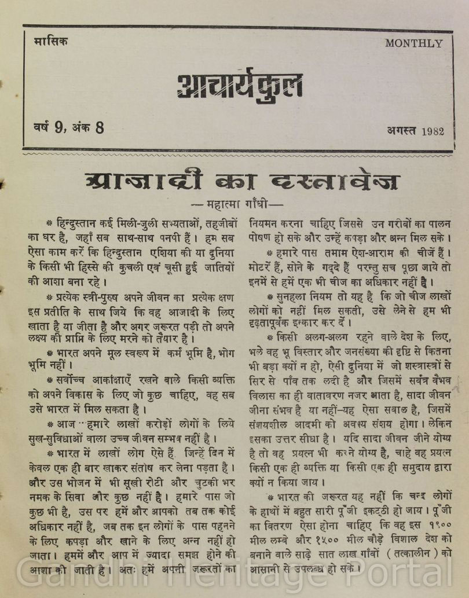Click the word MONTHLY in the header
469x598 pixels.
(x=413, y=43)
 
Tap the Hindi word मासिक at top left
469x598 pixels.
(x=50, y=42)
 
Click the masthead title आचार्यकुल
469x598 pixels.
(x=239, y=85)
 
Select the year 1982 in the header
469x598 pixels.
(x=433, y=131)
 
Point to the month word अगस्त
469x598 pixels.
(x=402, y=131)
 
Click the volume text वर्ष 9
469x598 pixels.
(x=47, y=128)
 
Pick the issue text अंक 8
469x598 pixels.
(x=89, y=128)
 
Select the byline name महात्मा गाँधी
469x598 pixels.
(x=235, y=204)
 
